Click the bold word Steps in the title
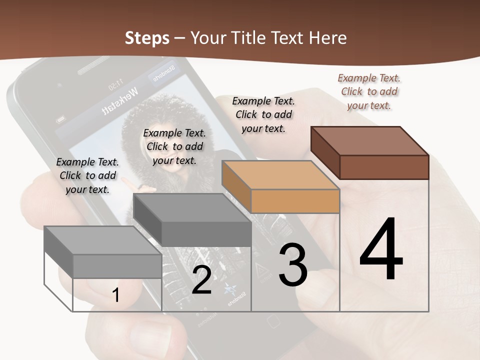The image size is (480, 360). [x=146, y=38]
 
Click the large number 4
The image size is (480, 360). [x=381, y=249]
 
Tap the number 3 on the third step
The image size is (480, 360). [x=292, y=265]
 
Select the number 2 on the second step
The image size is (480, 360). [x=201, y=280]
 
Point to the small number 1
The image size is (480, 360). [x=115, y=295]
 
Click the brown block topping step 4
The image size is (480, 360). [x=370, y=153]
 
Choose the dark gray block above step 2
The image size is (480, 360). [x=193, y=220]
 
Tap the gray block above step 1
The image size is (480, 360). [x=103, y=252]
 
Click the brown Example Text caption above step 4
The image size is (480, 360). [x=369, y=91]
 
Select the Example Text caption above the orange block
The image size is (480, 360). [x=263, y=114]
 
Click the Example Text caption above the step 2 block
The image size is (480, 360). [x=174, y=146]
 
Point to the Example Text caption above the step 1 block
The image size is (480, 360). [x=87, y=175]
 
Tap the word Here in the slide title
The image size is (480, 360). [x=327, y=38]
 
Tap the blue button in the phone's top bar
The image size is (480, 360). [x=162, y=73]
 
